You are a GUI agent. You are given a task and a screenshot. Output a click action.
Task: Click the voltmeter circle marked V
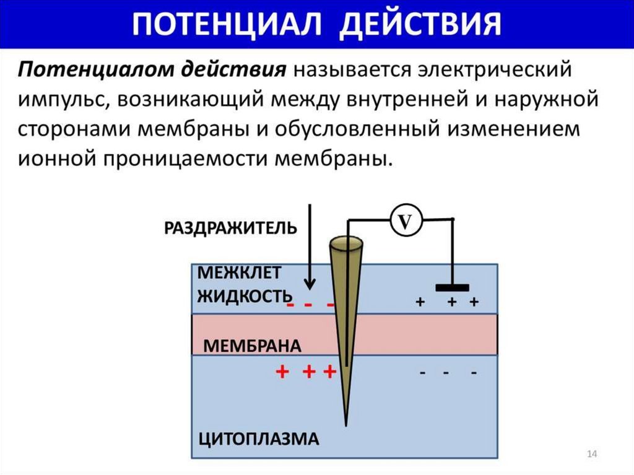click(x=404, y=221)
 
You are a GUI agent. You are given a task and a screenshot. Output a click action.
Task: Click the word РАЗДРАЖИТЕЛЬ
click(x=231, y=229)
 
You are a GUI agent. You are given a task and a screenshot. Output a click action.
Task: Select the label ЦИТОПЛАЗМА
click(x=258, y=439)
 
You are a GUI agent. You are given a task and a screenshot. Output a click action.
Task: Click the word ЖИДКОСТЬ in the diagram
click(x=244, y=295)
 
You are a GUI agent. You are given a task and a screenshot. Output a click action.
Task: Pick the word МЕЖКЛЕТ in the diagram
click(x=239, y=272)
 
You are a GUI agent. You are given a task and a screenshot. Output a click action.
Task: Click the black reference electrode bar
click(x=452, y=287)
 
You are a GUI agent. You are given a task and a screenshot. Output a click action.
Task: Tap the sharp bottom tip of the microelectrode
click(x=347, y=424)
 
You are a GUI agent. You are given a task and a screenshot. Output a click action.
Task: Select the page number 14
click(x=591, y=455)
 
